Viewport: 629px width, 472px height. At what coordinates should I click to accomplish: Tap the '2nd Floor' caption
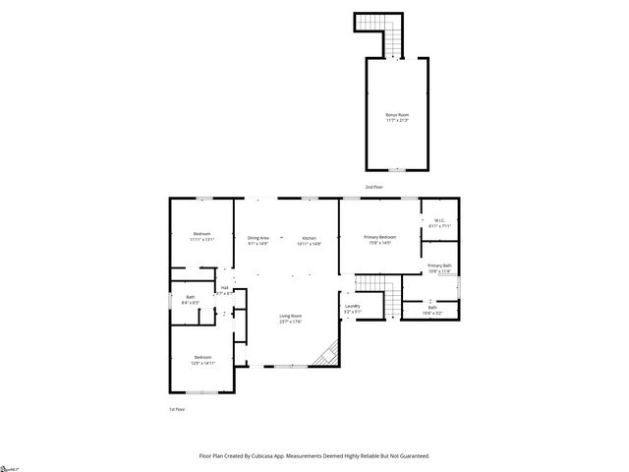tap(374, 186)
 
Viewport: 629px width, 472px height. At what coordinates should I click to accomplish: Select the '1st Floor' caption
tap(176, 408)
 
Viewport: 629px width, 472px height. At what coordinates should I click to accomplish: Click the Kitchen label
tap(310, 240)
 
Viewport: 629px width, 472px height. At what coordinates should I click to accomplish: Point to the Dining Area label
tap(258, 240)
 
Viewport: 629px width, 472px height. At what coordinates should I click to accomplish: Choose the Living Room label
tap(289, 317)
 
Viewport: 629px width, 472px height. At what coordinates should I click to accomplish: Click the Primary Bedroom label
tap(380, 239)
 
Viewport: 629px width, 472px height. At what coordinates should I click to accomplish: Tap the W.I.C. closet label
tap(439, 223)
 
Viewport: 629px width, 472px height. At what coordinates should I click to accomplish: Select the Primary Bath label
tap(439, 268)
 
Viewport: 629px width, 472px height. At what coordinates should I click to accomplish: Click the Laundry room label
tap(352, 309)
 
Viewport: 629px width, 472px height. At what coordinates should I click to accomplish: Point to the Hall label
tap(225, 289)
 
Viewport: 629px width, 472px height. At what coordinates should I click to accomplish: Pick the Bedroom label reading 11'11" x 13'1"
tap(201, 236)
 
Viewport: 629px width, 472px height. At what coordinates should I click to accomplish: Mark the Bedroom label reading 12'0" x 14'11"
tap(201, 359)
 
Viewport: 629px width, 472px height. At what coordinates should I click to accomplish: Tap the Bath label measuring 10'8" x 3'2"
tap(432, 310)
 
